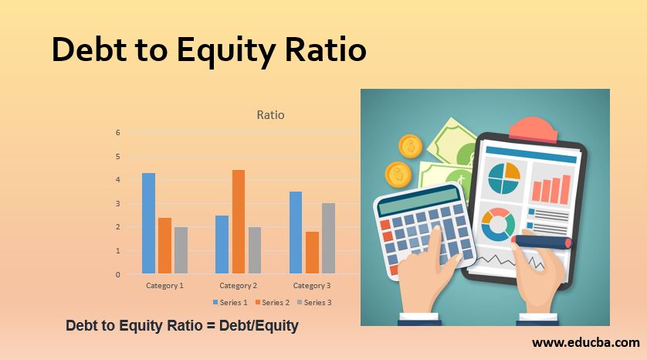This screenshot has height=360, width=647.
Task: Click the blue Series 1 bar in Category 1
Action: coord(148,223)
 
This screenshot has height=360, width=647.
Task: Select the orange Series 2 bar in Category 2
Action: coord(239,222)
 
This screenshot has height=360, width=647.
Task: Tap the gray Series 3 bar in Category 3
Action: coord(328,238)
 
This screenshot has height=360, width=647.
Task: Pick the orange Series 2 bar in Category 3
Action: coord(312,253)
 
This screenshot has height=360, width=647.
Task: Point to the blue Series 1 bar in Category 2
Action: coord(222,244)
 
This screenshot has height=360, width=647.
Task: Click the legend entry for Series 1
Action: coord(230,302)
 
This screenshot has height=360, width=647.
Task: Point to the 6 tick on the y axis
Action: coord(117,132)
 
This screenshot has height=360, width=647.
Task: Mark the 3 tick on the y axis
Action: coord(117,203)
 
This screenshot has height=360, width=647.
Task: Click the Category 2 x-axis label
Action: coord(238,286)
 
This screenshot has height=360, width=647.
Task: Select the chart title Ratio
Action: coord(270,115)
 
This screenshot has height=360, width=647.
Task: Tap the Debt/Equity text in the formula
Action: coord(260,326)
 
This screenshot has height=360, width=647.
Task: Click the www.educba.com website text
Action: coord(586,341)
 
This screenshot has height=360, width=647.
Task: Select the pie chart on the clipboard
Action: coord(503,178)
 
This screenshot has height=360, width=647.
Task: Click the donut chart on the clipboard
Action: coord(498,224)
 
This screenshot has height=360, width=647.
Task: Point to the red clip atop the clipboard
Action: coord(534,127)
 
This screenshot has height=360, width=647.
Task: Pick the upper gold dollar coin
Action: coord(410,146)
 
